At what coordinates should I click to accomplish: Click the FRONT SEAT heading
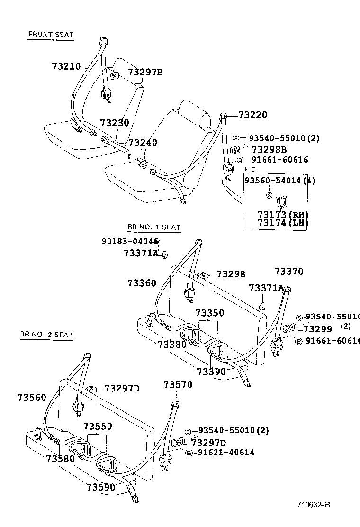[51, 35]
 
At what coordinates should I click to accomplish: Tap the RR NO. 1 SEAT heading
[153, 227]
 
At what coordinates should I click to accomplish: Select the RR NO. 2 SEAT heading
[46, 335]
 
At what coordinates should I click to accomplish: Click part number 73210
[66, 66]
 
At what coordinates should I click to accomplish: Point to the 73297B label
[145, 72]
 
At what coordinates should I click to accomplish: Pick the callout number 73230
[114, 123]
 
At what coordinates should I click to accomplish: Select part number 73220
[252, 115]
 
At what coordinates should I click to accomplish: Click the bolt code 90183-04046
[129, 241]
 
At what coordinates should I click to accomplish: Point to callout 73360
[141, 283]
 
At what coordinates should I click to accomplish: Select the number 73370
[288, 272]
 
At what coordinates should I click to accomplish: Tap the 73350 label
[209, 313]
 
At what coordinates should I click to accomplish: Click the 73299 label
[318, 328]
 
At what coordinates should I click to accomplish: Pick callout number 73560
[32, 397]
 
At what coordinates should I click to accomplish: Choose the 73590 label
[100, 487]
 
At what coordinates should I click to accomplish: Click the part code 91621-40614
[226, 453]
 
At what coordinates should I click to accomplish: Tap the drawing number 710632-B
[314, 504]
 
